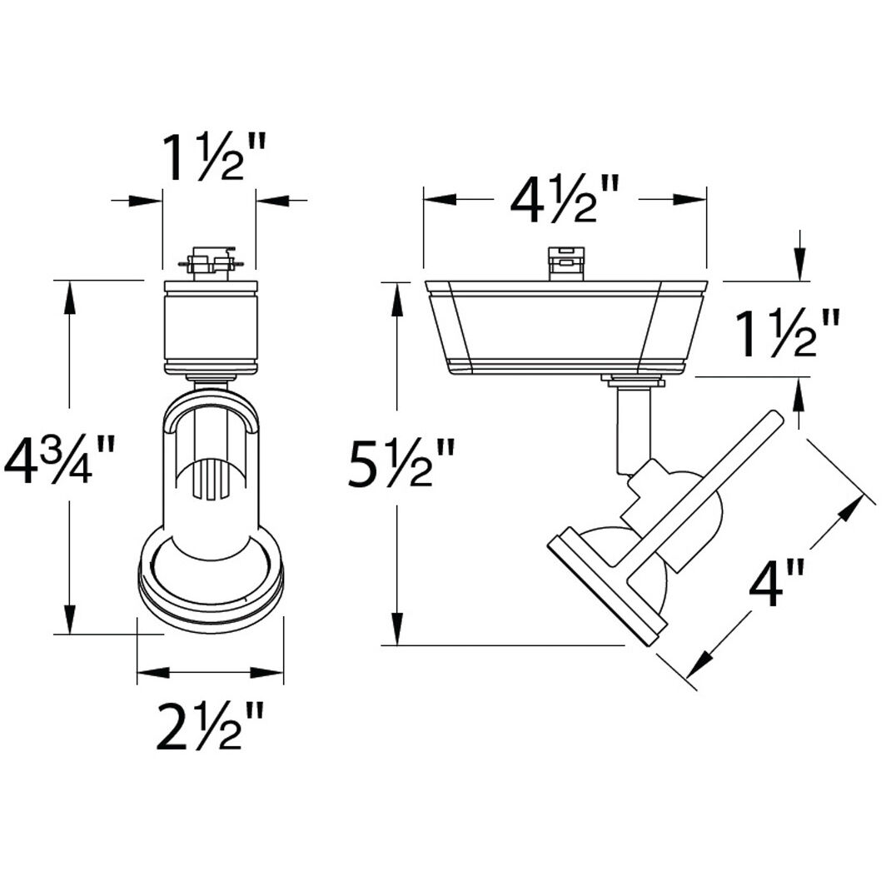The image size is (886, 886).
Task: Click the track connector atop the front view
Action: [x=210, y=263]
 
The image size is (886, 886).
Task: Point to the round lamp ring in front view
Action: [x=210, y=583]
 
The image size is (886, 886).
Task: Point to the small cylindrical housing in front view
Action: [x=210, y=328]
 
